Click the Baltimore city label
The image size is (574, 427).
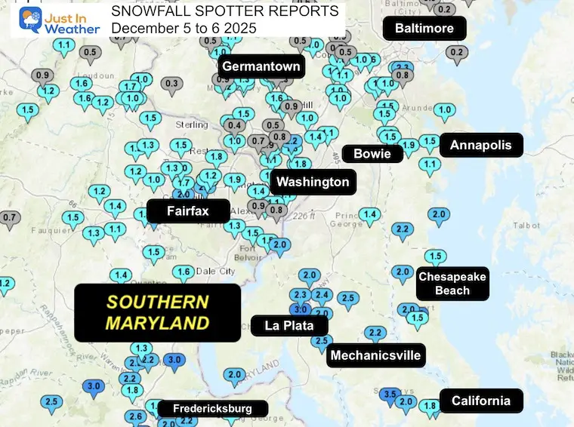tap(424, 29)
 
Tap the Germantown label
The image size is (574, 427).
tap(261, 66)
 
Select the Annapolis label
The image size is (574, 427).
tap(481, 145)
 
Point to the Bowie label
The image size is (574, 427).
tap(372, 154)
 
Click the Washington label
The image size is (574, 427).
tap(313, 182)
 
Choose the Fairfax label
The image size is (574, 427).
tap(187, 211)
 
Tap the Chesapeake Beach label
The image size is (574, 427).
tap(452, 283)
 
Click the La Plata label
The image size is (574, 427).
tap(289, 326)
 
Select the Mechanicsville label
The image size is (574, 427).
tap(375, 355)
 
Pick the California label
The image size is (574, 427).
tap(480, 401)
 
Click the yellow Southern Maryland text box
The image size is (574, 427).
tap(157, 312)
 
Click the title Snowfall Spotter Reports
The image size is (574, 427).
tap(224, 11)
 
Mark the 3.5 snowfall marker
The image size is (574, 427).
tap(390, 395)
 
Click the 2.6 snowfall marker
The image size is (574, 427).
tap(136, 417)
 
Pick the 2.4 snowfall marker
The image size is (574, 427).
tap(322, 295)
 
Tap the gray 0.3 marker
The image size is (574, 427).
tap(172, 84)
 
